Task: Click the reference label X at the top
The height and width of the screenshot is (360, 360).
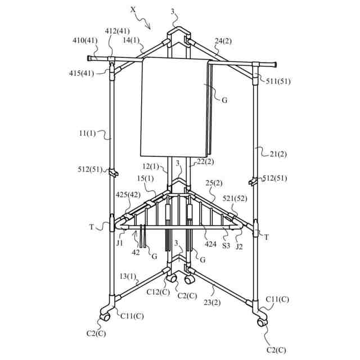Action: [x=133, y=9]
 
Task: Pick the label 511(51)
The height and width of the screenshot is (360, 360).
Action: [x=279, y=81]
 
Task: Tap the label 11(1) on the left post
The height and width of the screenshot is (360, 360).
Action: [x=88, y=134]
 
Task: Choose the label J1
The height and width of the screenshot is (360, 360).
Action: [x=120, y=243]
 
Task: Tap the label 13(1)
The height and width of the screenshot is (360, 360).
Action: [x=128, y=276]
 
